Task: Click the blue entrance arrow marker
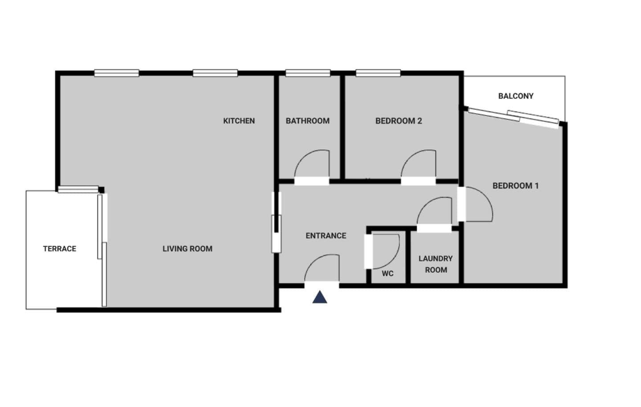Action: click(320, 297)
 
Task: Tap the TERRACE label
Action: click(60, 249)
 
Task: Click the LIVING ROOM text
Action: click(187, 249)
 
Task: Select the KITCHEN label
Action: click(239, 121)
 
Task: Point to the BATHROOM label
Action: click(308, 121)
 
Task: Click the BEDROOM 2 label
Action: click(398, 121)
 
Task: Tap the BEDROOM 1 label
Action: click(515, 186)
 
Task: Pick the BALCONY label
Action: click(515, 96)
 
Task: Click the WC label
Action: click(388, 274)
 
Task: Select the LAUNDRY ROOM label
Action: click(436, 264)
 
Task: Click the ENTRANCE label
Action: click(326, 236)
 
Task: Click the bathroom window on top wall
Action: click(308, 73)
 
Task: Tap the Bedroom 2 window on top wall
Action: click(378, 73)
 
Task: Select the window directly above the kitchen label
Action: click(215, 73)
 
